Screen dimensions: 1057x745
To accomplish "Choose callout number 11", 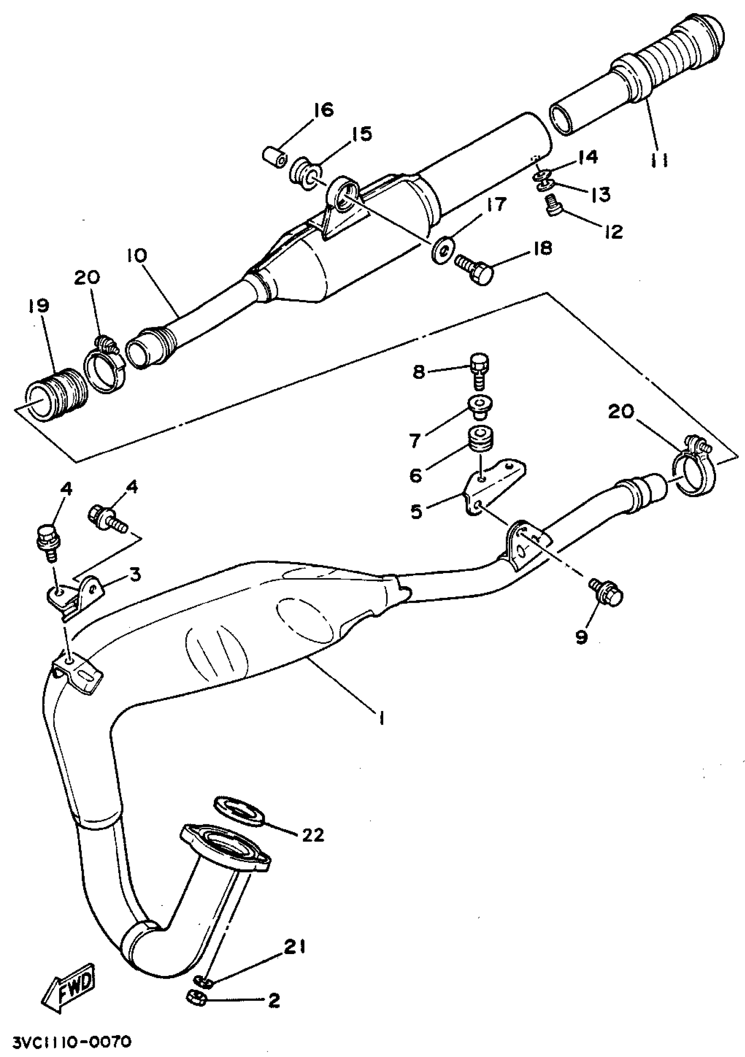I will (x=660, y=160).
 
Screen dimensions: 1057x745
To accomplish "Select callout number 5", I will (x=416, y=512).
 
